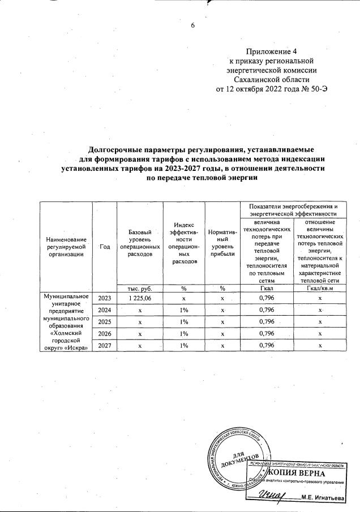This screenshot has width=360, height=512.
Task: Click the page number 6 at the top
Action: (192, 26)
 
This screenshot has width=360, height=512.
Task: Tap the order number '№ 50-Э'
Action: (315, 89)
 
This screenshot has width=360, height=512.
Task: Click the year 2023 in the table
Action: (105, 298)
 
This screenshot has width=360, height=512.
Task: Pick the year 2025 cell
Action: (105, 322)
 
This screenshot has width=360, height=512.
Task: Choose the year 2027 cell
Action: (105, 346)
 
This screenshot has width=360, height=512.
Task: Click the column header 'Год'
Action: (105, 247)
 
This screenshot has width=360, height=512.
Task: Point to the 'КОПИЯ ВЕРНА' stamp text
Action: (296, 472)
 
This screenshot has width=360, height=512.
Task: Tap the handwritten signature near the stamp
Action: (272, 495)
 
